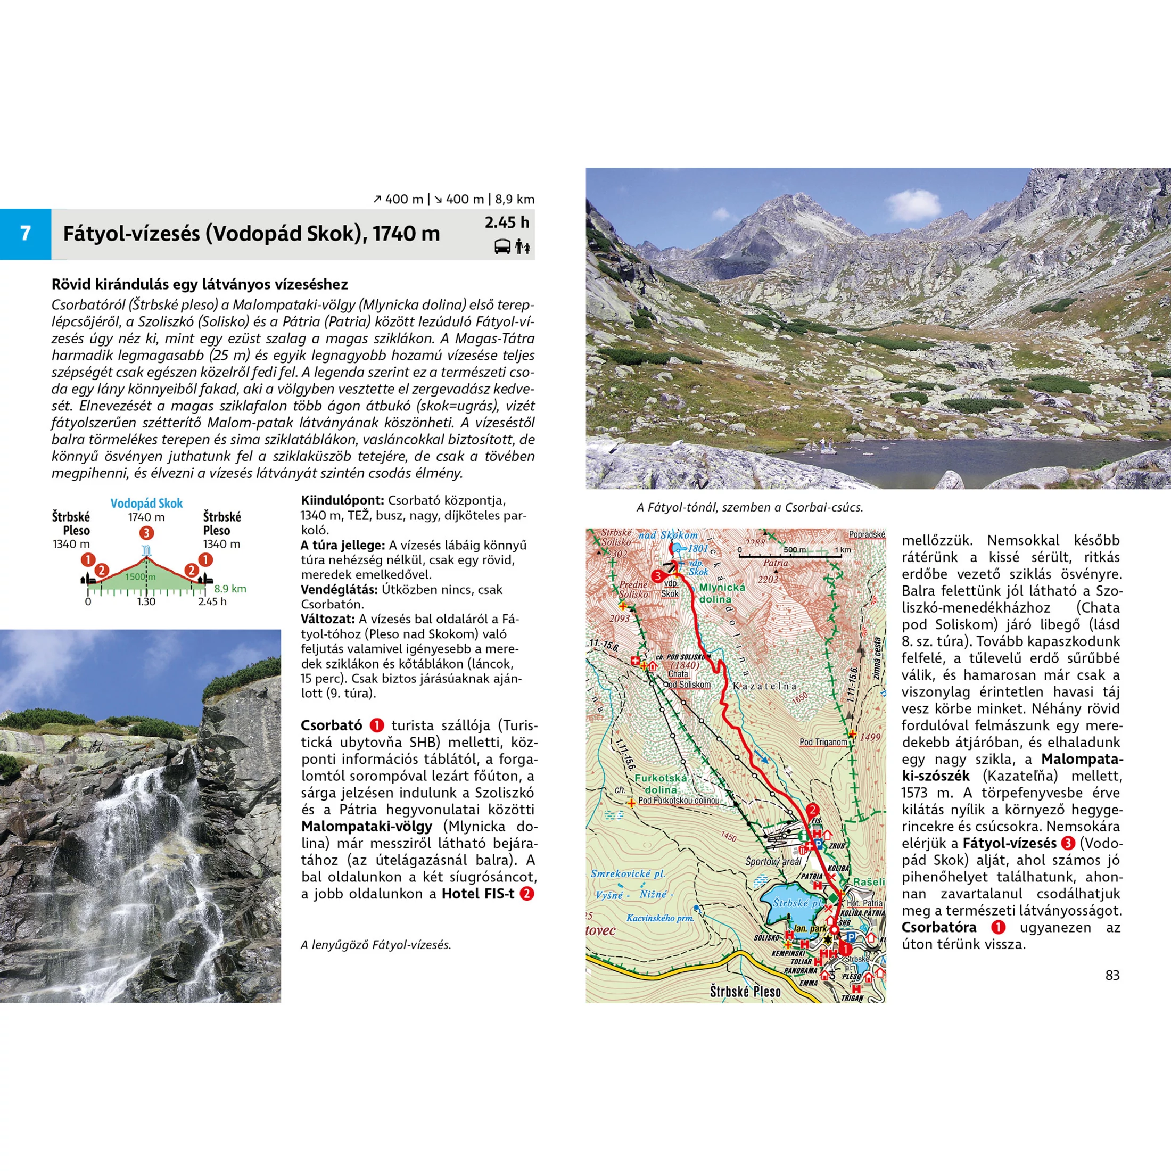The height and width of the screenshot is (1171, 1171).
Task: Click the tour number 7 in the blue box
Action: (x=25, y=233)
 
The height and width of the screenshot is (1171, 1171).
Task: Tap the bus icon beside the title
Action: (x=502, y=246)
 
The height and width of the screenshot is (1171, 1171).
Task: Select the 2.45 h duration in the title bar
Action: (x=507, y=222)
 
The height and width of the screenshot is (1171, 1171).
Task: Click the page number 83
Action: (x=1112, y=975)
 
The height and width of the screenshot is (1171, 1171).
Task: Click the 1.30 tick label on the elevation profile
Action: (x=146, y=601)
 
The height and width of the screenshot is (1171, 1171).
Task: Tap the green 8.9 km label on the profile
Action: (x=230, y=589)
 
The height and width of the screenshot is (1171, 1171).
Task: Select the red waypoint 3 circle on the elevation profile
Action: (x=146, y=533)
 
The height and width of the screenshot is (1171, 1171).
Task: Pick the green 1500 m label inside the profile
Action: (x=140, y=576)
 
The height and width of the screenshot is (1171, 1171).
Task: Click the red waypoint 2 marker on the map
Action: (x=812, y=809)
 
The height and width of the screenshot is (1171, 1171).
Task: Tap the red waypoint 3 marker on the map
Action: (x=656, y=576)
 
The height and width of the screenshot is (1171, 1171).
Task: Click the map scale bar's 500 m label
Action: (x=795, y=550)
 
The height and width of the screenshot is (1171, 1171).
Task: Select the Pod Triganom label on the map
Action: (x=823, y=741)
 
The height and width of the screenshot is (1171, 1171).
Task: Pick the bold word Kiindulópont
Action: (x=342, y=501)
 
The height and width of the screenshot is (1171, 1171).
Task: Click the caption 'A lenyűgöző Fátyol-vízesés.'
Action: (x=376, y=944)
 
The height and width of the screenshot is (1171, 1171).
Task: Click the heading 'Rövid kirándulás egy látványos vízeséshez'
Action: (x=200, y=284)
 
